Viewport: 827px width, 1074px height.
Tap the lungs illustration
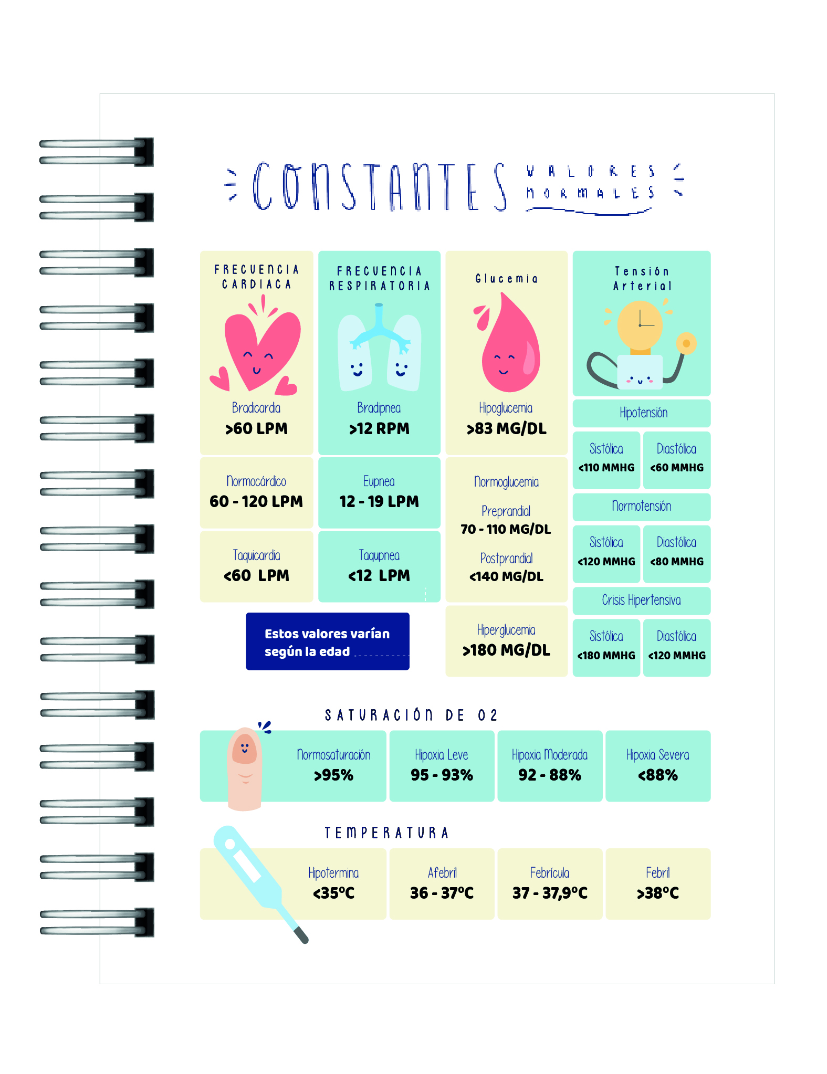point(379,349)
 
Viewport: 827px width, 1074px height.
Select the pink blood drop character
point(509,349)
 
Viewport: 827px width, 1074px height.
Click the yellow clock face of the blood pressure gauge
point(640,324)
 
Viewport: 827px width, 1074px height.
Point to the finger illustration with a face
point(245,767)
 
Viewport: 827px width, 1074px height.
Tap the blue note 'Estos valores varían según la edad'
point(327,641)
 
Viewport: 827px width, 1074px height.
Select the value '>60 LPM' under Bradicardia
point(256,429)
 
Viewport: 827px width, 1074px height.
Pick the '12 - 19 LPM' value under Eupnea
point(379,502)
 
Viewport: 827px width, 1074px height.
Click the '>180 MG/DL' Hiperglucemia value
point(506,650)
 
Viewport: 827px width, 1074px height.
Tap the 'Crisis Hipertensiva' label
point(641,600)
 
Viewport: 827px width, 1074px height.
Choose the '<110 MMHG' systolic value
point(606,468)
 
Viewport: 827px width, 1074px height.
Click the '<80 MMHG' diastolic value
point(676,562)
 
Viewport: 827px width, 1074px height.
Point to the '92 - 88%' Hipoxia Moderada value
point(550,775)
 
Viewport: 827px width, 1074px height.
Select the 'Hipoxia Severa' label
point(657,755)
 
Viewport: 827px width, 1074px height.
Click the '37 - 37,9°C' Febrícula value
point(550,893)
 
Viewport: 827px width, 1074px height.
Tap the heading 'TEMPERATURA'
point(386,833)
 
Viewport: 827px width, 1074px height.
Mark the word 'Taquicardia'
point(256,555)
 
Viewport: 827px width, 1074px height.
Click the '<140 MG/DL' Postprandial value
point(506,577)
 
